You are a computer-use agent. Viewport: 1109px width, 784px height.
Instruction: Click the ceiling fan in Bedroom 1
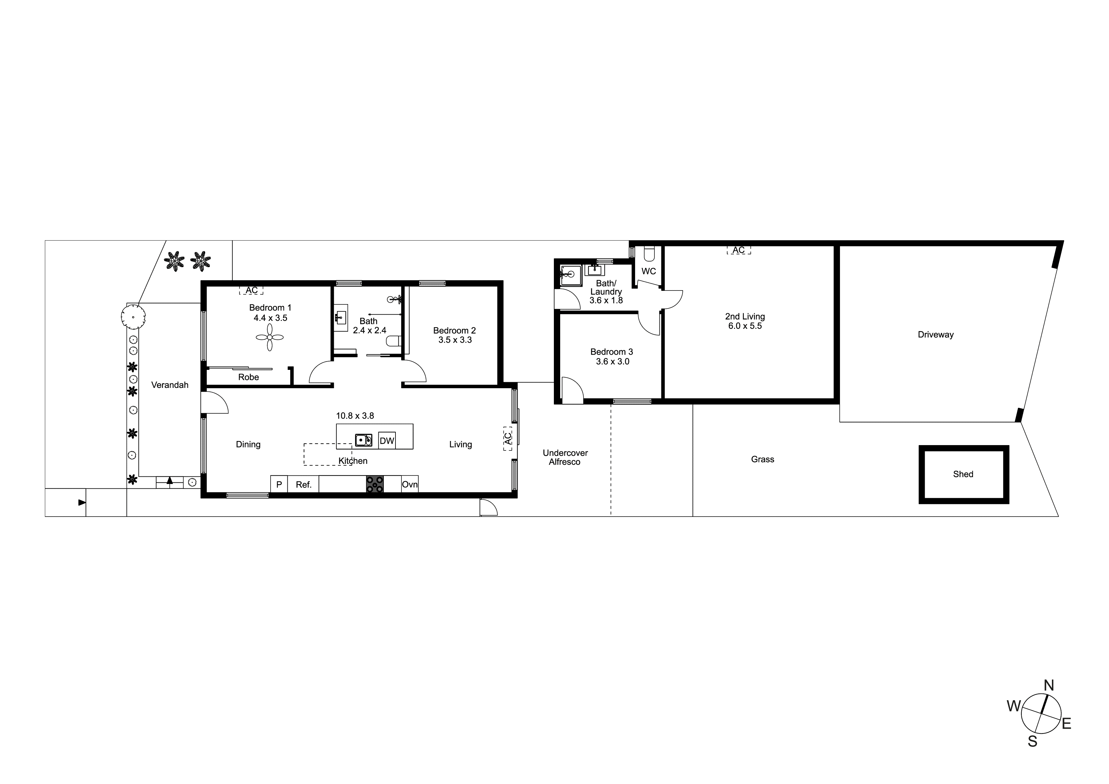click(x=270, y=337)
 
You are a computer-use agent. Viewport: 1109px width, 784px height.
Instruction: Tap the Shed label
click(x=963, y=475)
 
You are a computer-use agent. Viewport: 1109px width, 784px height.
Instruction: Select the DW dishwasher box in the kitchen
click(x=387, y=441)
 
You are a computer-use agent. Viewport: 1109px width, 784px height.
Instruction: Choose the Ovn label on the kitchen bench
click(x=410, y=485)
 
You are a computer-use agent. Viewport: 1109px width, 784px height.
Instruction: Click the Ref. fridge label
click(x=303, y=485)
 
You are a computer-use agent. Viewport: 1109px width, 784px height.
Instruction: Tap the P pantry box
click(x=279, y=485)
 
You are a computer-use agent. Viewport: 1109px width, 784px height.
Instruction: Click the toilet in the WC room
click(x=649, y=254)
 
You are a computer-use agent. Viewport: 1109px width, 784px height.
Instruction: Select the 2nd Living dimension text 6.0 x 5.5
click(x=745, y=326)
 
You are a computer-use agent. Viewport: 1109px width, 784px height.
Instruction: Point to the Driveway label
click(x=935, y=335)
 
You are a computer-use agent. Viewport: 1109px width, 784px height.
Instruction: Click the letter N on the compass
click(x=1049, y=685)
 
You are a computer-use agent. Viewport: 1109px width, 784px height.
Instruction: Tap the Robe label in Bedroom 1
click(x=248, y=377)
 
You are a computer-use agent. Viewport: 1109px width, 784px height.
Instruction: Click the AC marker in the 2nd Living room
click(x=738, y=250)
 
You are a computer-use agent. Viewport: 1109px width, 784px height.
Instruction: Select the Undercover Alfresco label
click(x=565, y=457)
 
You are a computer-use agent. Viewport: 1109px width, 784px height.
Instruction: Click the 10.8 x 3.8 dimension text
click(x=355, y=416)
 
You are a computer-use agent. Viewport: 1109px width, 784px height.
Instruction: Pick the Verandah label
click(x=169, y=385)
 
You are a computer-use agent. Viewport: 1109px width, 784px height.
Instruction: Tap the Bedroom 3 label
click(x=611, y=352)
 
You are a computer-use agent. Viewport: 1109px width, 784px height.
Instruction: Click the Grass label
click(x=762, y=459)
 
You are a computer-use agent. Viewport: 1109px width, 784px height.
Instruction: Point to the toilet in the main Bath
click(x=393, y=341)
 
